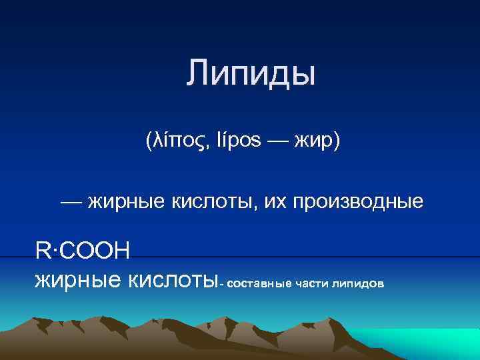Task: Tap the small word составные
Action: [x=259, y=284]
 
